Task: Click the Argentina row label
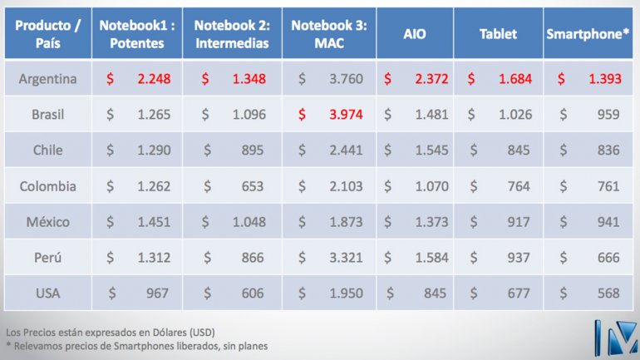(x=48, y=79)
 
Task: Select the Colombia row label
(x=48, y=186)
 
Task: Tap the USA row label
(x=48, y=293)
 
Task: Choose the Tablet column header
(x=498, y=34)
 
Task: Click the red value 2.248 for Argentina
(x=153, y=79)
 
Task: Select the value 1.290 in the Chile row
(x=153, y=150)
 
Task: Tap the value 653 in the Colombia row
(x=253, y=186)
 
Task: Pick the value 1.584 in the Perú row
(x=431, y=258)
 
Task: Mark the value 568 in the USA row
(x=608, y=293)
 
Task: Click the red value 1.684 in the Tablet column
(x=514, y=79)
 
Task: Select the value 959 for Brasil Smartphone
(x=608, y=115)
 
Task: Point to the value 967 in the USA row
(x=157, y=293)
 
